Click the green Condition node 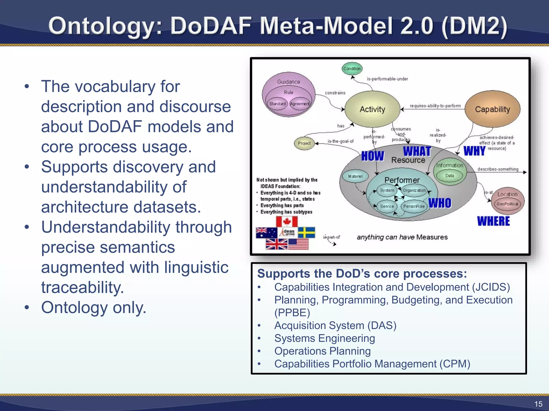pos(352,69)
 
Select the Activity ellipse pos(372,109)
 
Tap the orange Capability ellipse pos(492,109)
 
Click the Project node pos(304,143)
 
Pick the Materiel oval pos(355,176)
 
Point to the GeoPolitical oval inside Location pos(507,204)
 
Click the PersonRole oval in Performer pos(414,206)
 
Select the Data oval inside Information pos(450,176)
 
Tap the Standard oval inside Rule pos(277,104)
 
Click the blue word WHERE pos(493,221)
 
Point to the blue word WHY pos(474,151)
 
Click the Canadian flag pos(287,222)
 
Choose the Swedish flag pos(306,233)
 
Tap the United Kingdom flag pos(276,244)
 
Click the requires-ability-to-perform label pos(435,106)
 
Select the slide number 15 pos(538,404)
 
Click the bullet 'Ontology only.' pos(94,307)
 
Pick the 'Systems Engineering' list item pos(324,338)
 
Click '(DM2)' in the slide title pos(474,26)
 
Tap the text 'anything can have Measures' pos(402,237)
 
